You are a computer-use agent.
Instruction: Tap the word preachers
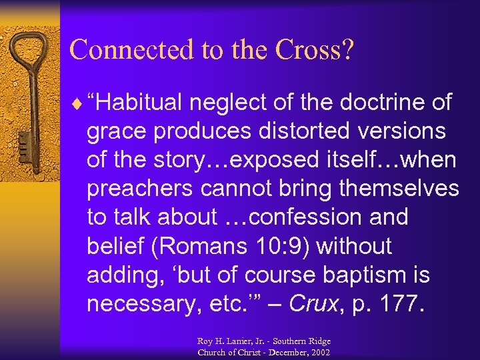144,189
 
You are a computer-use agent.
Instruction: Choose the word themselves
398,189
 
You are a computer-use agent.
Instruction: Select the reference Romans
197,246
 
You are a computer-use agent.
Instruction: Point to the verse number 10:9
284,246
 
